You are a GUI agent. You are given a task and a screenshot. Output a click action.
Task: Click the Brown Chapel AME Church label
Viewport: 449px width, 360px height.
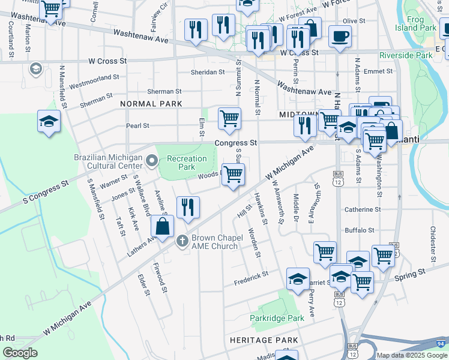pyautogui.click(x=215, y=242)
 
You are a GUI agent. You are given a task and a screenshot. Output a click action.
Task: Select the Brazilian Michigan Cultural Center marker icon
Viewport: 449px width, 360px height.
pyautogui.click(x=151, y=160)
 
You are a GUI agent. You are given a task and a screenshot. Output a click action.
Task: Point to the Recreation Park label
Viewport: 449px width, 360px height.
pyautogui.click(x=186, y=163)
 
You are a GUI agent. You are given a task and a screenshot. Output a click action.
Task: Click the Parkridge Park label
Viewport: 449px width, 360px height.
pyautogui.click(x=278, y=318)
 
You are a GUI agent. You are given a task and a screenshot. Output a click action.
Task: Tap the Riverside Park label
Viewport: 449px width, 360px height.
pyautogui.click(x=406, y=55)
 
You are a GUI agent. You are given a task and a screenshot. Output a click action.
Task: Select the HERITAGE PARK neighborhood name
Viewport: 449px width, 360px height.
pyautogui.click(x=264, y=340)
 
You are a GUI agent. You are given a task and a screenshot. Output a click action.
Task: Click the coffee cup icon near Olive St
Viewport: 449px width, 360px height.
pyautogui.click(x=339, y=36)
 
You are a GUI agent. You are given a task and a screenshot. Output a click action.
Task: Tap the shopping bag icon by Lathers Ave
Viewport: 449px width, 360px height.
pyautogui.click(x=162, y=227)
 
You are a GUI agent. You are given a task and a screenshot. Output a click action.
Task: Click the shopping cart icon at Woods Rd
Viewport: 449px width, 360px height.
pyautogui.click(x=233, y=174)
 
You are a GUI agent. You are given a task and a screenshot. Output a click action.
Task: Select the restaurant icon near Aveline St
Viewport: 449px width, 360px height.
pyautogui.click(x=188, y=207)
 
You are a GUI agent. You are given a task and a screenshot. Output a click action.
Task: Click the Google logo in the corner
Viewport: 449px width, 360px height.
pyautogui.click(x=20, y=353)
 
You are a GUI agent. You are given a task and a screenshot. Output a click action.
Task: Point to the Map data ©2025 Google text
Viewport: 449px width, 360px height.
pyautogui.click(x=412, y=355)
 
